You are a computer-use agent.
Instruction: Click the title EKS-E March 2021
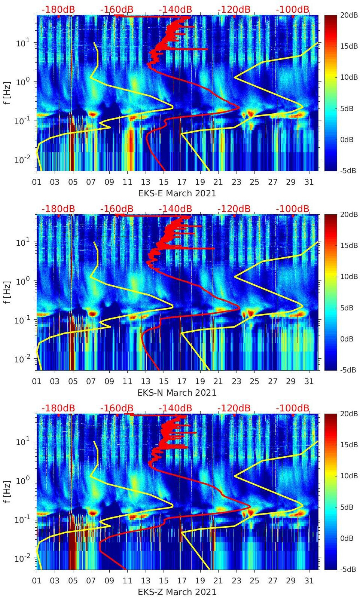pos(177,193)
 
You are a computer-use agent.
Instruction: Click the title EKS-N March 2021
pos(177,393)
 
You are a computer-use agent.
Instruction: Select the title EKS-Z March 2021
pos(177,592)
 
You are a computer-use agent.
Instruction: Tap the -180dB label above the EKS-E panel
pos(58,9)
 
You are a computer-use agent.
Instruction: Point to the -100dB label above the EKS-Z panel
pos(293,408)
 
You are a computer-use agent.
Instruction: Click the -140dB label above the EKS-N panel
pos(175,209)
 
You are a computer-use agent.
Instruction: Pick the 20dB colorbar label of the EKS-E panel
pos(349,15)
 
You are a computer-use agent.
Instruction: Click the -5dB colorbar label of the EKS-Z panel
pos(348,569)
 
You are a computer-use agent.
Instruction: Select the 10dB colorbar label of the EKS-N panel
pos(349,276)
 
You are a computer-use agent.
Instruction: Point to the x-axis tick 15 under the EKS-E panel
pos(164,182)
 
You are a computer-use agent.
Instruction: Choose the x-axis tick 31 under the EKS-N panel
pos(309,381)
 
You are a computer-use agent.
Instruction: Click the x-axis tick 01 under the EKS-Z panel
pos(37,581)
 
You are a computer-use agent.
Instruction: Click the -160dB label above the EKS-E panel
pos(117,9)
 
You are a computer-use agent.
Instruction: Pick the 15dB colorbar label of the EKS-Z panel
pos(349,445)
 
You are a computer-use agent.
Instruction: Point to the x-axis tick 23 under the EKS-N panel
pos(236,381)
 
